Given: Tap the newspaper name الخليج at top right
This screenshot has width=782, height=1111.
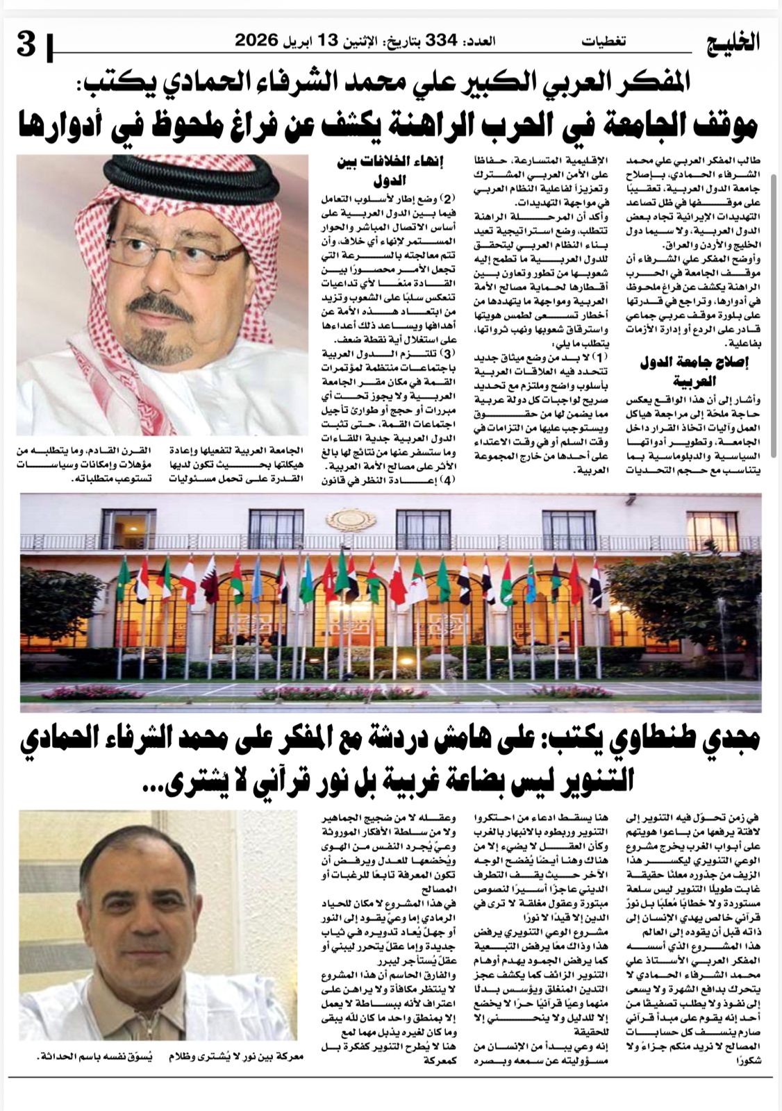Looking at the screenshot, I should [x=737, y=43].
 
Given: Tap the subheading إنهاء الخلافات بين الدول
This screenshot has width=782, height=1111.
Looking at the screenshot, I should [x=394, y=172].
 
